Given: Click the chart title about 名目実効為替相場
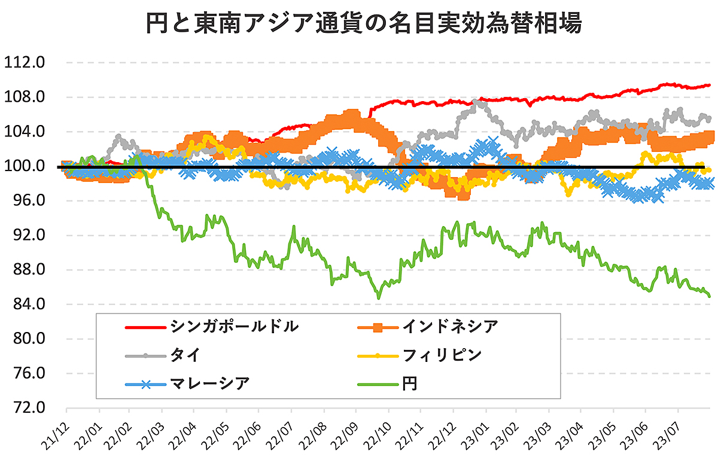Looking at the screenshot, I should point(359,25).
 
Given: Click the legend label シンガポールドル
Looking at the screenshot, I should point(234,327).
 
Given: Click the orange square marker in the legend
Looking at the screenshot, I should point(377,327).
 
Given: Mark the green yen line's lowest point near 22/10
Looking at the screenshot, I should point(378,297).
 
